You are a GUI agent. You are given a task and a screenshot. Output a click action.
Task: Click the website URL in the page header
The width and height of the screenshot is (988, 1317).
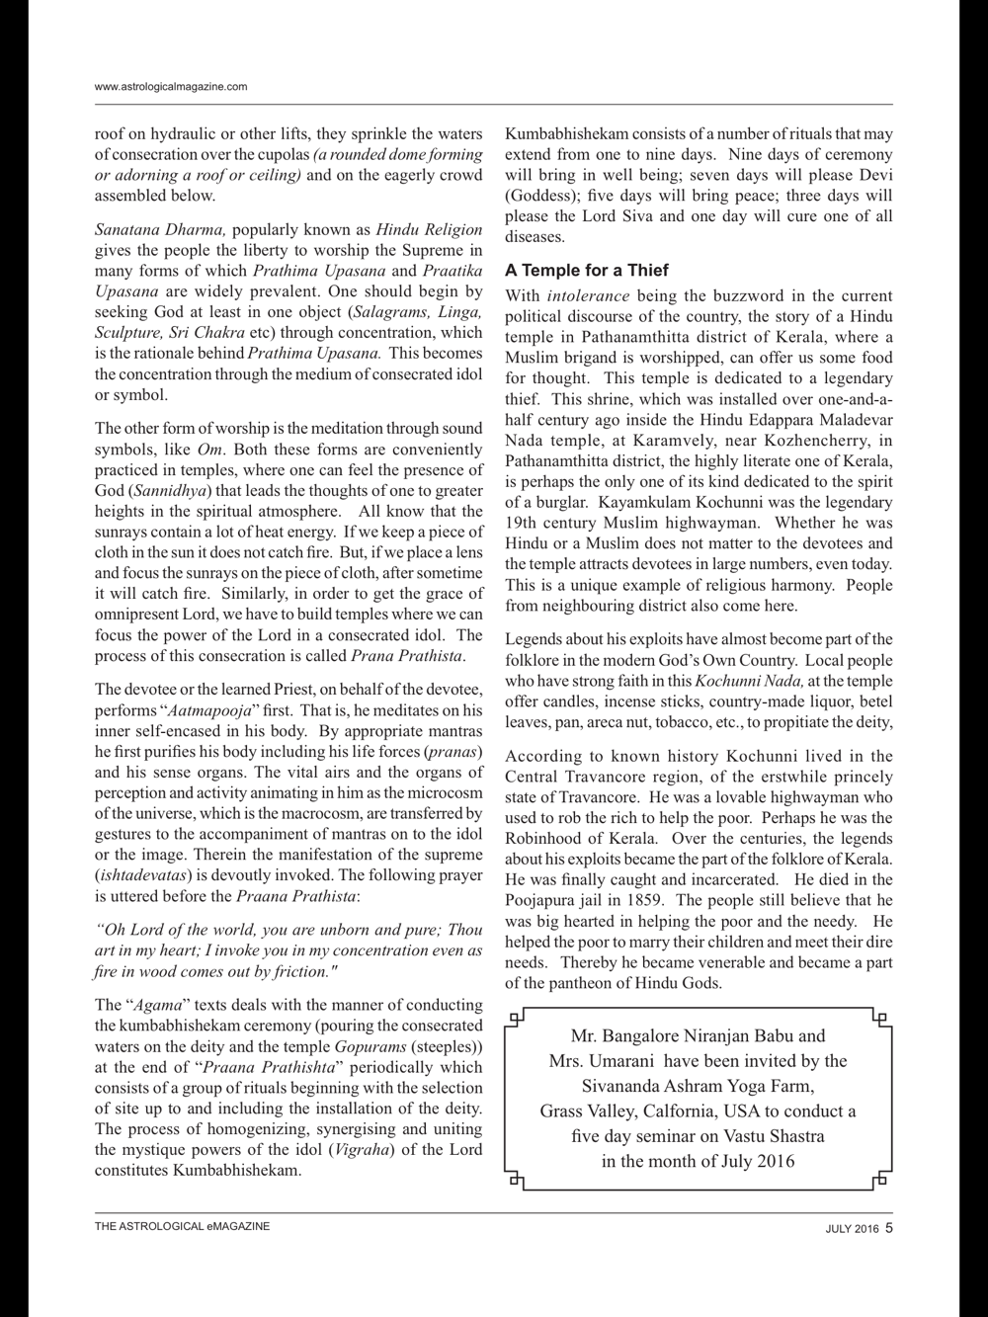click(x=171, y=87)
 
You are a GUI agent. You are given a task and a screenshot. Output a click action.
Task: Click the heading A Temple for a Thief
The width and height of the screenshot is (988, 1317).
click(x=587, y=270)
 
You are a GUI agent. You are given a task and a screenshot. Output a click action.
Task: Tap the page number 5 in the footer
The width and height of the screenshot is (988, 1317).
click(x=888, y=1228)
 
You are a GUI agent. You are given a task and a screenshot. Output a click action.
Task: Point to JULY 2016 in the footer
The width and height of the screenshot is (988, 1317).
click(x=852, y=1229)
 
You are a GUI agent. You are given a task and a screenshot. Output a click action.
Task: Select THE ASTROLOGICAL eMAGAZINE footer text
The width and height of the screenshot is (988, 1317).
click(x=182, y=1227)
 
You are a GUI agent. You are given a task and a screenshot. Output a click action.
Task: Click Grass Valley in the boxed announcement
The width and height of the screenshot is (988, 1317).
click(x=586, y=1111)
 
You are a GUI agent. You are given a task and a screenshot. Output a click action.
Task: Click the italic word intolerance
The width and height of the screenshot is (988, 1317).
click(x=588, y=296)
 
